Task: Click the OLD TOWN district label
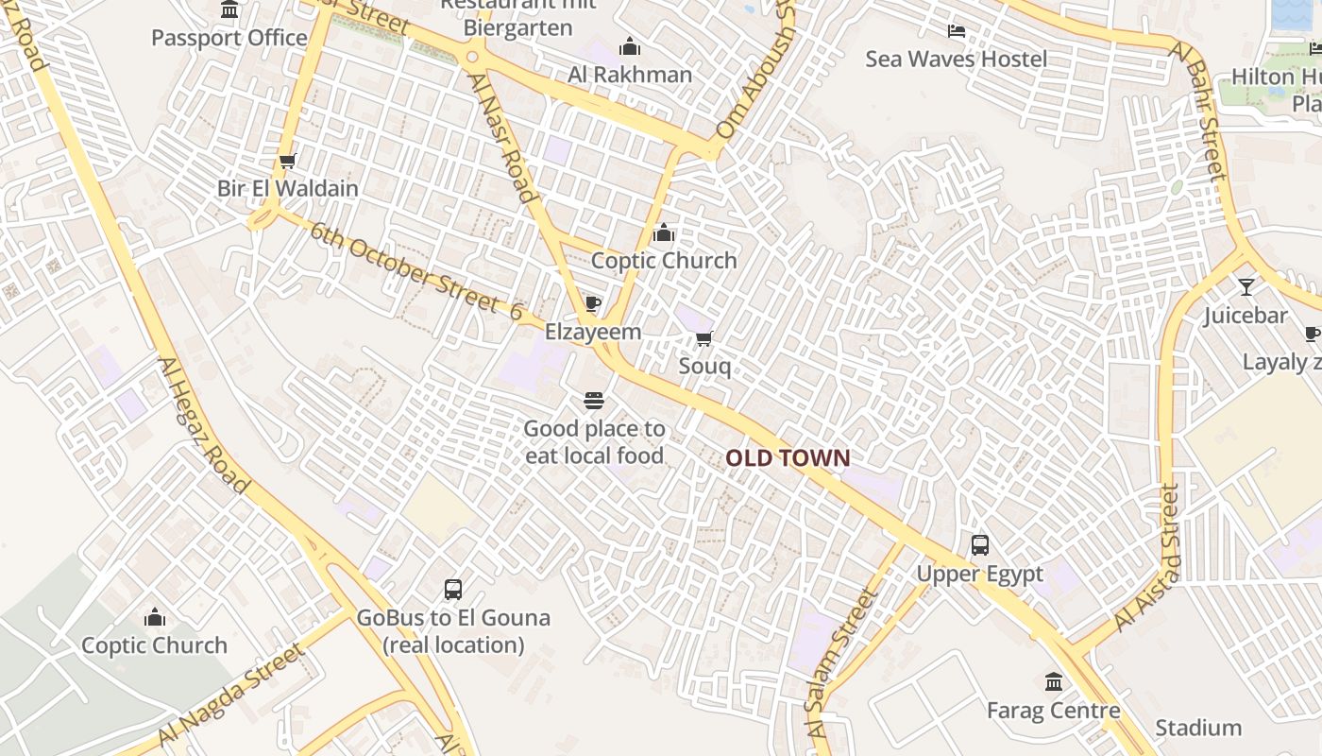788,458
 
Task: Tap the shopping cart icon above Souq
703,339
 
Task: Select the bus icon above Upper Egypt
980,545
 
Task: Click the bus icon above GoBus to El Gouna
453,590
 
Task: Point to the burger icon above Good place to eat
594,401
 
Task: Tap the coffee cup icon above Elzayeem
593,303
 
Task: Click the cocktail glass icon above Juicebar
1246,286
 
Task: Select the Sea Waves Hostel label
957,60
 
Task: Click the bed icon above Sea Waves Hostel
957,31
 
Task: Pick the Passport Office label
229,39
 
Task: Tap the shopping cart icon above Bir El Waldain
288,161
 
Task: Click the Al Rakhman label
630,75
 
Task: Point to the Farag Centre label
1054,710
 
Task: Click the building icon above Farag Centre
1054,681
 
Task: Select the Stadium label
1198,728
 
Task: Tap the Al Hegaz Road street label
203,425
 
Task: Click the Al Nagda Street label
232,695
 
